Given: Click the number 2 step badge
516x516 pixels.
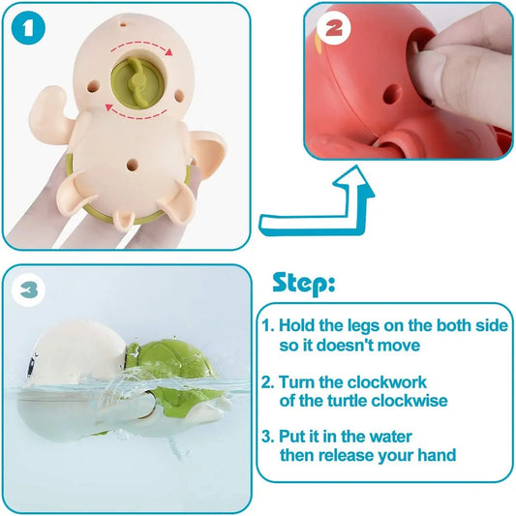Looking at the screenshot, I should pyautogui.click(x=333, y=30).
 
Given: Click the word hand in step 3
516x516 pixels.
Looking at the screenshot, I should pyautogui.click(x=437, y=456).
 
